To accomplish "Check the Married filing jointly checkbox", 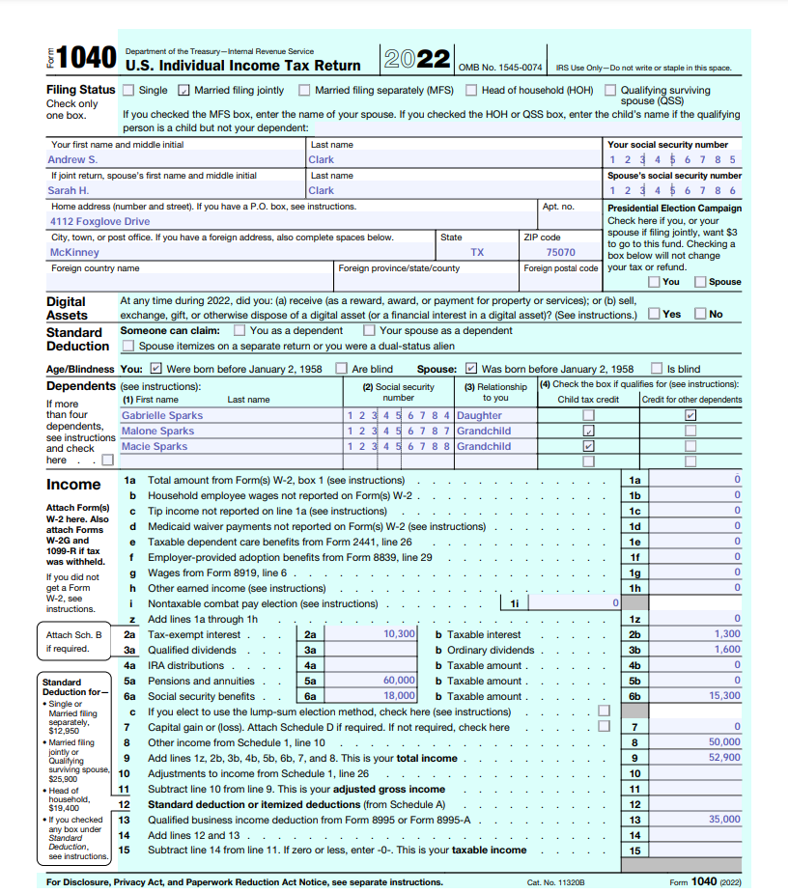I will tap(183, 91).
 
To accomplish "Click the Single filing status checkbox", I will tap(128, 91).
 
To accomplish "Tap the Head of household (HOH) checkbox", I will tap(471, 91).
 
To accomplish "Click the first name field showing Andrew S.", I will tap(72, 160).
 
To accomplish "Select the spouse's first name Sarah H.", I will tap(69, 191).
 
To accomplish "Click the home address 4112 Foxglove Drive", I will tap(99, 222).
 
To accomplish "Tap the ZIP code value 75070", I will tap(560, 253).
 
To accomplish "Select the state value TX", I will tap(477, 253).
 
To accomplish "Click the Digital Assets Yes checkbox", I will tap(655, 314).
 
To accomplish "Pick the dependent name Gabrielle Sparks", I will tap(161, 415).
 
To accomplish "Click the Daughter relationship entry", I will tap(479, 415).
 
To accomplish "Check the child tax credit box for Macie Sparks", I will tap(588, 447).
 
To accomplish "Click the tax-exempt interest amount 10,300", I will tap(399, 634).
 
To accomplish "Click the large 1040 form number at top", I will tap(87, 58).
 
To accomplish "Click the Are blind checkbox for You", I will tap(341, 369).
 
